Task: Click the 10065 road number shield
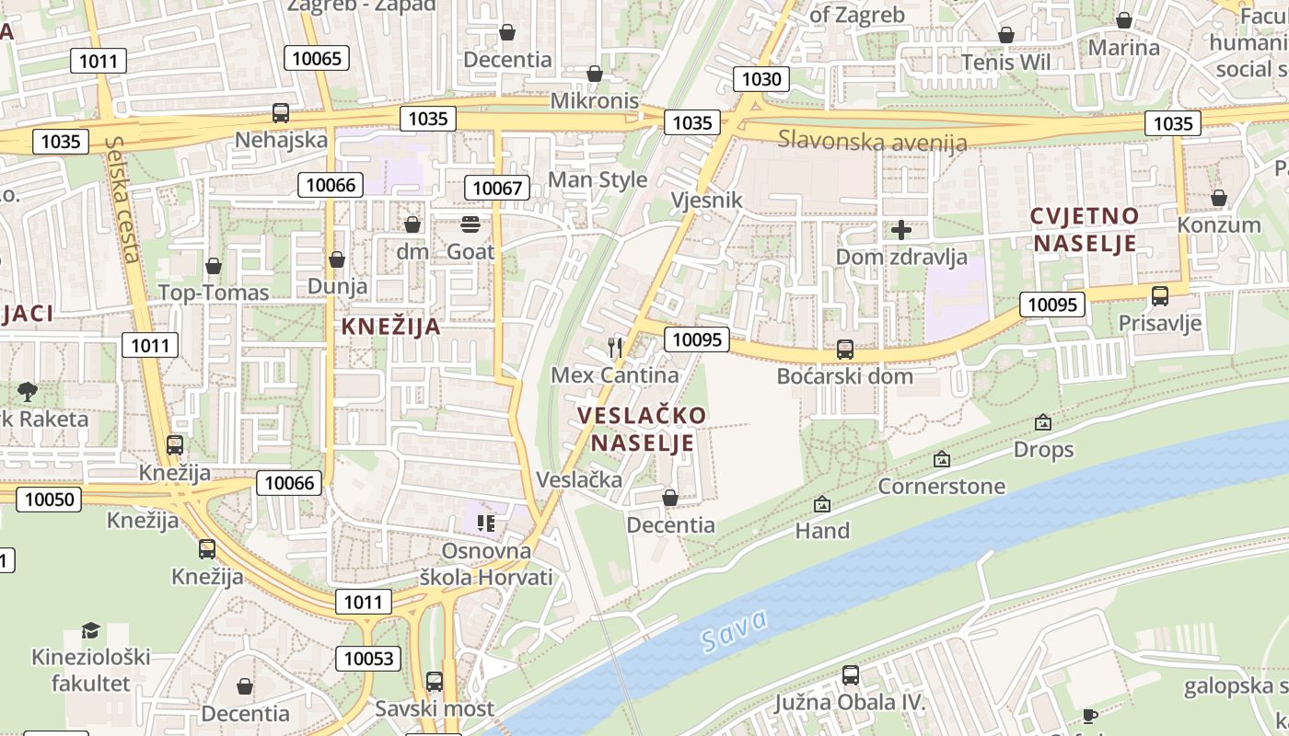click(x=317, y=59)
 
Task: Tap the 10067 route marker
click(x=497, y=189)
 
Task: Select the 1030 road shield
click(x=761, y=79)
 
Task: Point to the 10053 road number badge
click(x=368, y=659)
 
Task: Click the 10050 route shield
click(x=49, y=500)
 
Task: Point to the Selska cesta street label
click(x=122, y=199)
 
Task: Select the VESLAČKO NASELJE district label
click(x=642, y=429)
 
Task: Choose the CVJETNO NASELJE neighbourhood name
click(x=1085, y=229)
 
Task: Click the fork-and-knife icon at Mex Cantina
click(x=615, y=347)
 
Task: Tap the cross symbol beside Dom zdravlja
click(x=901, y=229)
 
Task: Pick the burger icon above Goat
click(x=470, y=224)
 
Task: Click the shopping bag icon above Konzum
click(x=1218, y=198)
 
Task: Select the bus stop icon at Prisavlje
click(x=1160, y=296)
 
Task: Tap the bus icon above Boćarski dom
click(x=844, y=350)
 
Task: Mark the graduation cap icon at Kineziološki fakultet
click(x=90, y=630)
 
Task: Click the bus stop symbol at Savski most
click(x=434, y=682)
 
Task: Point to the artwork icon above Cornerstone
click(x=941, y=458)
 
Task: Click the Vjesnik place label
click(x=706, y=200)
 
